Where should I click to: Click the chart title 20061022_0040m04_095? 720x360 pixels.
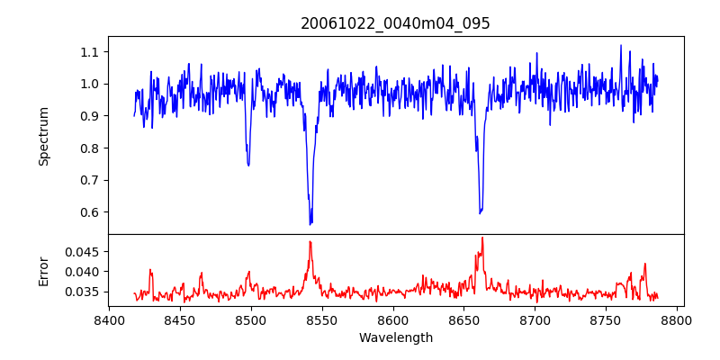(395, 23)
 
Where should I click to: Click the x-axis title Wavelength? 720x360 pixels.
(395, 338)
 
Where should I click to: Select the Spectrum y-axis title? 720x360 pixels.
(43, 136)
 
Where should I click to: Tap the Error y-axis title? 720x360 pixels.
(43, 271)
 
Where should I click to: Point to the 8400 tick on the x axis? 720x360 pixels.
(109, 319)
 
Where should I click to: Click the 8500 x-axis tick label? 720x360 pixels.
(251, 319)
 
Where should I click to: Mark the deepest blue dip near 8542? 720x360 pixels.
(310, 223)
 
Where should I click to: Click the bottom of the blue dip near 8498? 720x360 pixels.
(248, 166)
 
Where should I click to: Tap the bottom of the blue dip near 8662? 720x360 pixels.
(481, 213)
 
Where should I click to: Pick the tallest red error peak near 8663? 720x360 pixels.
(482, 238)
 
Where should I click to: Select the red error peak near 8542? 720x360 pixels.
(310, 241)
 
